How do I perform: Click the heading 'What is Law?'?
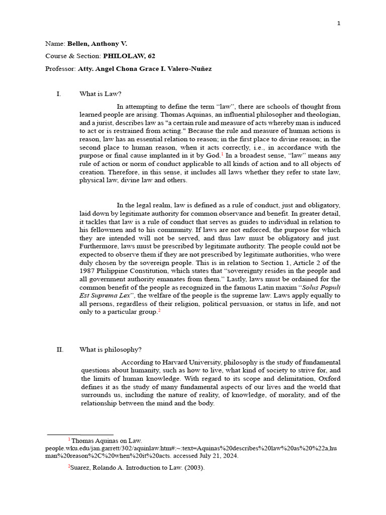pos(101,94)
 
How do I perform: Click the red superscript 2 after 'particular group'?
pos(159,311)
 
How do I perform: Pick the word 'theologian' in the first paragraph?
pos(322,115)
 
